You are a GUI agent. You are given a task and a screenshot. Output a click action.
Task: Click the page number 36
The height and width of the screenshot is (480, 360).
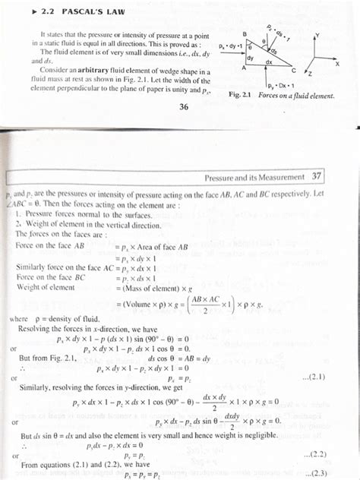(x=184, y=107)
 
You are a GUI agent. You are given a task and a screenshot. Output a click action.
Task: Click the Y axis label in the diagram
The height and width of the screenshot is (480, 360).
(x=319, y=35)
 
